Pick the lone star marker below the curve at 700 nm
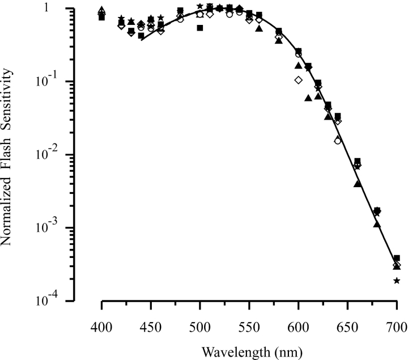pyautogui.click(x=397, y=281)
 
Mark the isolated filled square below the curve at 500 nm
pyautogui.click(x=200, y=28)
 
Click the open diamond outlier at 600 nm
pyautogui.click(x=299, y=80)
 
